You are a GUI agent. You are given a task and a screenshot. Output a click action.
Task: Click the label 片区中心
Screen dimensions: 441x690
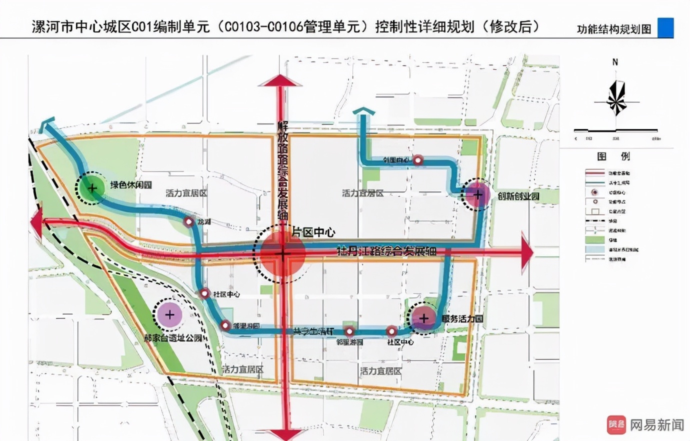[313, 232]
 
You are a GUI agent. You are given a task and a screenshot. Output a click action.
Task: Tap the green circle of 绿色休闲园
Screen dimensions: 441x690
[92, 188]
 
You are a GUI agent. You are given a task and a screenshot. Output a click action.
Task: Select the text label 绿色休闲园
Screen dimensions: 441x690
[131, 185]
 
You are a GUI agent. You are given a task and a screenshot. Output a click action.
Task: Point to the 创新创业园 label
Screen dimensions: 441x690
[518, 196]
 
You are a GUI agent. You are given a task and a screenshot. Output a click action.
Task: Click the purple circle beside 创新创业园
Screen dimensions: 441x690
[477, 194]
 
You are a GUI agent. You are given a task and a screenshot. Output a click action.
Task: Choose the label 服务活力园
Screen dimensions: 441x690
[462, 318]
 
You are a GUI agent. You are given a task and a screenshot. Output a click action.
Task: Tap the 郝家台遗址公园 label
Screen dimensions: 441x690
[173, 338]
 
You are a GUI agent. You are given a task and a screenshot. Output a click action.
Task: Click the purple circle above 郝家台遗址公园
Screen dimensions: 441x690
[169, 314]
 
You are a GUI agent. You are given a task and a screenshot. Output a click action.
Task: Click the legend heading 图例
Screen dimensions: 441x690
[613, 156]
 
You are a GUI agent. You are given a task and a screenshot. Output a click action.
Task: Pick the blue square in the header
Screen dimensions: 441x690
[665, 27]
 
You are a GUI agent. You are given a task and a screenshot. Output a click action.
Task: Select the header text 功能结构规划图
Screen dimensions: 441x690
[614, 29]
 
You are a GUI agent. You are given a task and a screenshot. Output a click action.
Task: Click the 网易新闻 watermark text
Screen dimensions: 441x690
[656, 425]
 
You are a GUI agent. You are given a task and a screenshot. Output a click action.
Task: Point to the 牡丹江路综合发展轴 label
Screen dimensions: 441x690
[386, 250]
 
